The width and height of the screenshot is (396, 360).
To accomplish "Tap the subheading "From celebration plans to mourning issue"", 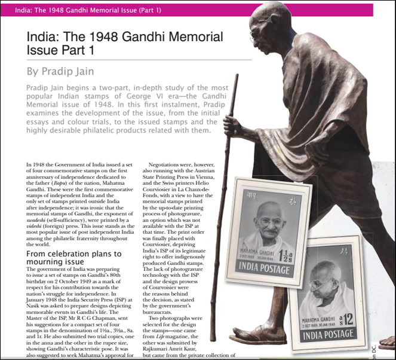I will [74, 258].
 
